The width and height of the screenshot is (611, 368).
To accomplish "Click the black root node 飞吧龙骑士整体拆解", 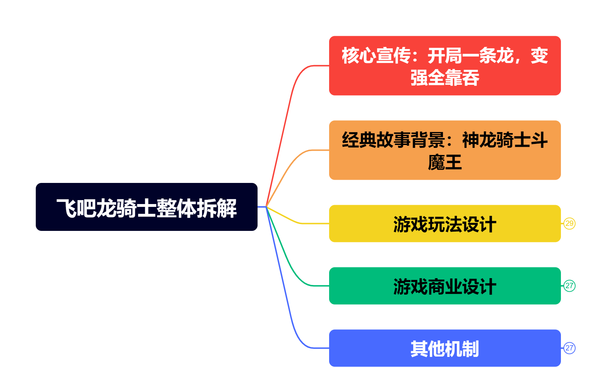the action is (146, 207).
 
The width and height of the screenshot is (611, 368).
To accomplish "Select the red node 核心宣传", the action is (445, 66).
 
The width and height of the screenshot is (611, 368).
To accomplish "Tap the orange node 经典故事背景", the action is (445, 150).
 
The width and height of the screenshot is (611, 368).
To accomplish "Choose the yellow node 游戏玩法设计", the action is (445, 224).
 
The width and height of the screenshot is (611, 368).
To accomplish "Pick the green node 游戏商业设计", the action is (445, 286).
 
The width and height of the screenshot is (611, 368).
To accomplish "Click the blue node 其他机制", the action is (445, 348).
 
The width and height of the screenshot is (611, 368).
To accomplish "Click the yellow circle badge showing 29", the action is (569, 224).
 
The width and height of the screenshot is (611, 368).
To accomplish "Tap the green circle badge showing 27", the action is (569, 286).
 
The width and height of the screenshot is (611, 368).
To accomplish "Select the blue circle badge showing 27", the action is (569, 348).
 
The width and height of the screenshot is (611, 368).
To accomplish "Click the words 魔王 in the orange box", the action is (445, 162).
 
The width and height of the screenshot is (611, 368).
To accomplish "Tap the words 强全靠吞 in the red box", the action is (445, 78).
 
